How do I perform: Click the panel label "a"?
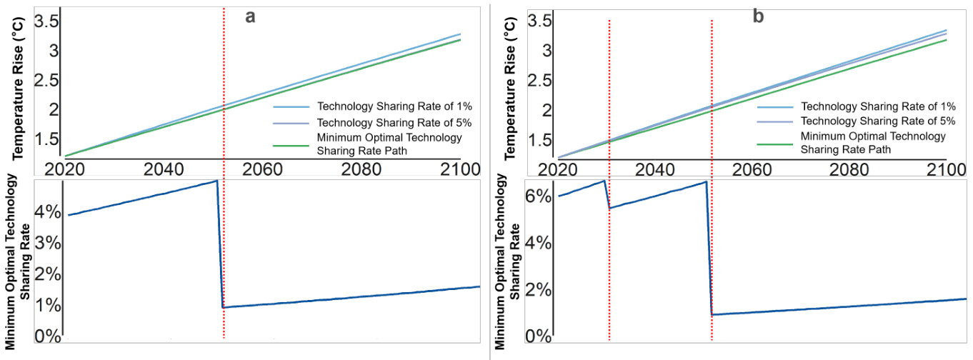pyautogui.click(x=251, y=16)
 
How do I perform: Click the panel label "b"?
pyautogui.click(x=758, y=16)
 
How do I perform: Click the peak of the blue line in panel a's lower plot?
pyautogui.click(x=216, y=181)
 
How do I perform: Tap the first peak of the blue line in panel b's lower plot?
pyautogui.click(x=604, y=181)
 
